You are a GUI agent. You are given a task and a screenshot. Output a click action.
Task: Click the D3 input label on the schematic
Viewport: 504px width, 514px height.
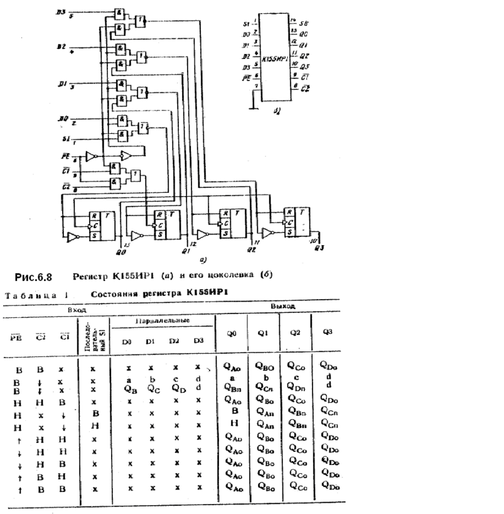point(60,13)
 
